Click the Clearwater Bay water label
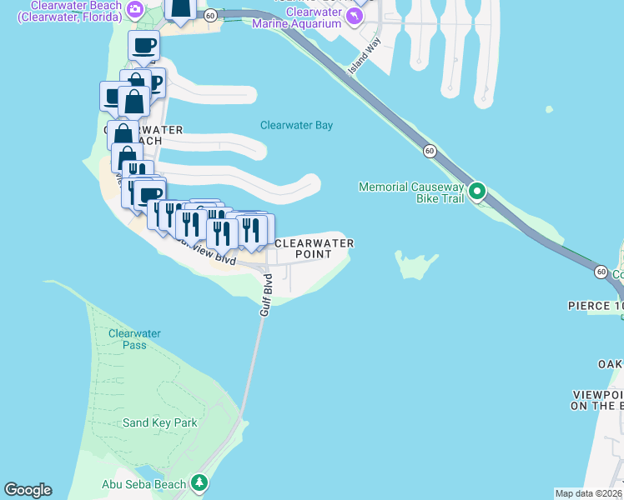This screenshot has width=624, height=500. click(296, 126)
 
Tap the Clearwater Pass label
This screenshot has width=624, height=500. click(133, 339)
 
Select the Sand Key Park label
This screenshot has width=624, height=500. click(160, 422)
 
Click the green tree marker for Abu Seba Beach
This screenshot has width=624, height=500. click(199, 482)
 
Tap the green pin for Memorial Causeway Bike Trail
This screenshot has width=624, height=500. click(477, 192)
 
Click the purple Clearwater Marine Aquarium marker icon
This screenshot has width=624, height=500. click(357, 17)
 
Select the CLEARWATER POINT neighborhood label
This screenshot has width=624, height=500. click(314, 248)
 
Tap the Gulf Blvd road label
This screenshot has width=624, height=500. click(266, 293)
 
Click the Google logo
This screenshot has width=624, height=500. click(28, 490)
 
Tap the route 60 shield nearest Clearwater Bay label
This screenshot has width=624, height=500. click(429, 151)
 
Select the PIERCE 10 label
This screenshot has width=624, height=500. click(596, 306)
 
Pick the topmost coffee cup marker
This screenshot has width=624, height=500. click(143, 46)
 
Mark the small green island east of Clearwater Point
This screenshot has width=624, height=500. click(415, 264)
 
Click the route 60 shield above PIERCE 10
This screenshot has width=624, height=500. click(601, 272)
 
